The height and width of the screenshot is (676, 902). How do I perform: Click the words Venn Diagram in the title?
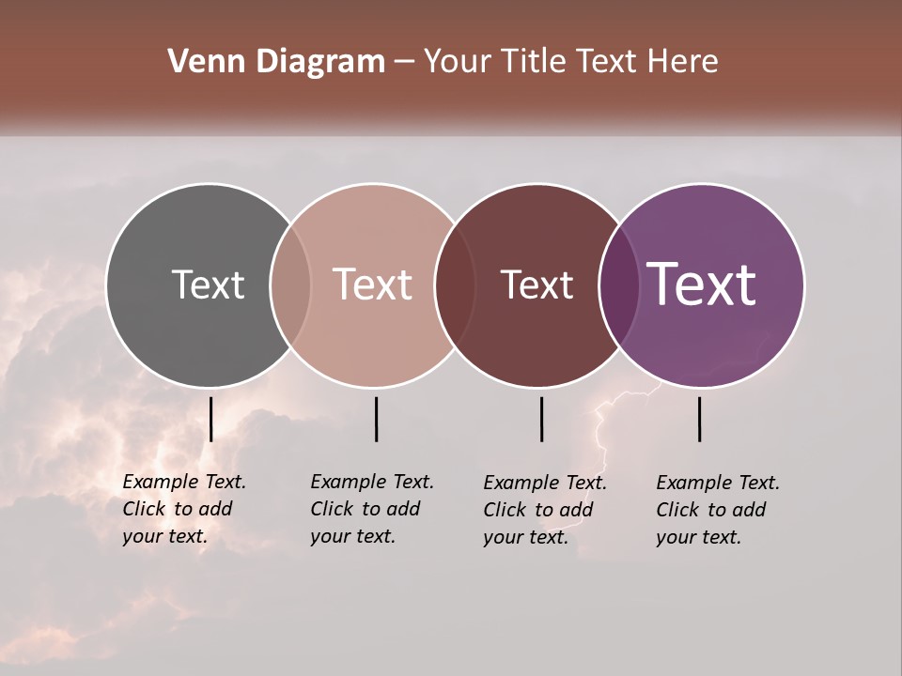pos(276,62)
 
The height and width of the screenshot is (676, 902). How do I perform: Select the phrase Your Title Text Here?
pos(571,62)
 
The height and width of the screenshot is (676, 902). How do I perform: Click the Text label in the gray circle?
pos(208,284)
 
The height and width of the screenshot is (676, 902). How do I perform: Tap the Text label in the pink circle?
pos(373,284)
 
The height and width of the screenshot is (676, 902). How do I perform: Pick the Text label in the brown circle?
pos(537,284)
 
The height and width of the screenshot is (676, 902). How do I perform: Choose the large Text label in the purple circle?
pos(702,284)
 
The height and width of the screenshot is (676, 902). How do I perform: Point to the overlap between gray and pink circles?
pos(290,284)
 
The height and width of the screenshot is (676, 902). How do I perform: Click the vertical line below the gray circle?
pos(211,419)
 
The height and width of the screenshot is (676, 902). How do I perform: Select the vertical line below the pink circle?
pos(376,419)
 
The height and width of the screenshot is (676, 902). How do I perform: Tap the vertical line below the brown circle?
pos(541,419)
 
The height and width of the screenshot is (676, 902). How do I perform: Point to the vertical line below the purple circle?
pos(699,419)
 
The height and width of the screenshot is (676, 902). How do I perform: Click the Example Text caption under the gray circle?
pos(184,509)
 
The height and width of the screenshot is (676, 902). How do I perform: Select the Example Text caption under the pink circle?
pos(372,509)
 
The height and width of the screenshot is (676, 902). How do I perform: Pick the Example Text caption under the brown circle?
pos(545,510)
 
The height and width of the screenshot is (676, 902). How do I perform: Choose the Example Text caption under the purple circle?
pos(718,510)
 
